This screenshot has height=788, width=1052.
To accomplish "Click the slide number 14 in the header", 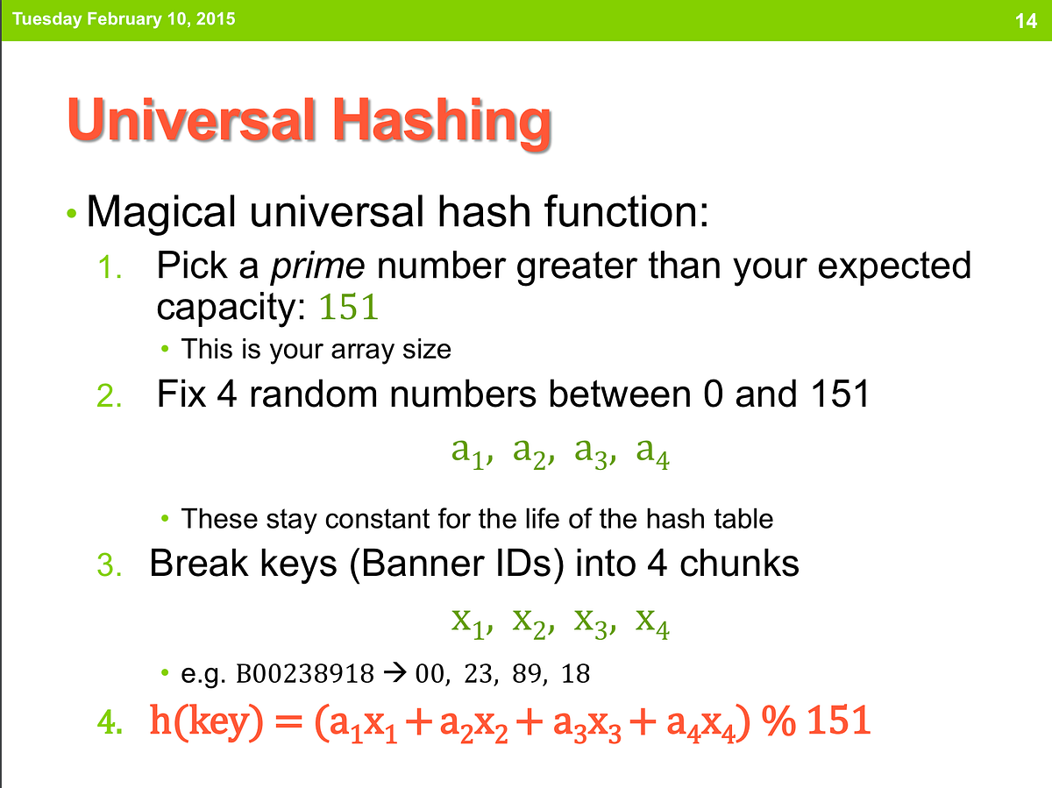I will pos(1026,20).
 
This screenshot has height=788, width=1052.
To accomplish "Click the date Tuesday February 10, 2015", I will pos(124,18).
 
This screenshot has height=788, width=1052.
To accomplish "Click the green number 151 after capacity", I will pos(348,308).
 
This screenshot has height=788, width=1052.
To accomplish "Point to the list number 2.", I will pos(109,397).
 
